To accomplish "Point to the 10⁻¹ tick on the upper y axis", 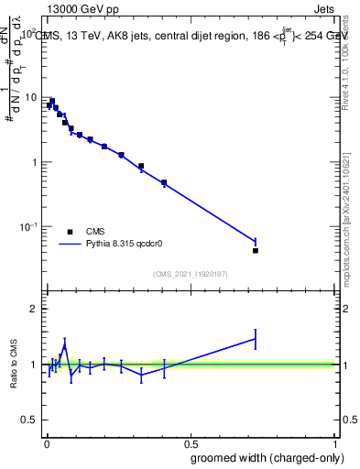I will (x=28, y=226).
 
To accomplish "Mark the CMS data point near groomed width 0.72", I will (x=256, y=250).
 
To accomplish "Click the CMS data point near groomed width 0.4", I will (x=164, y=183).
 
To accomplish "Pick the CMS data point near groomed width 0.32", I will (x=141, y=167).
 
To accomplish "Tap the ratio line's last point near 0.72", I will (x=256, y=339).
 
